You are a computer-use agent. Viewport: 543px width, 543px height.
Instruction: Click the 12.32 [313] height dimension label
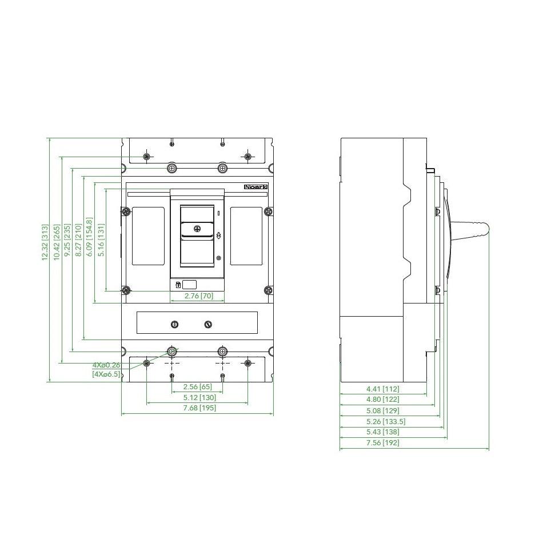coord(45,242)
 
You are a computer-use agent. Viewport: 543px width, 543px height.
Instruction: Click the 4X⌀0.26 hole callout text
coord(106,365)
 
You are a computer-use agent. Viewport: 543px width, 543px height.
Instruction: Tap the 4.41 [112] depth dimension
coord(382,389)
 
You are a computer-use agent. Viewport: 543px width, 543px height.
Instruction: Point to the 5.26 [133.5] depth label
coord(385,421)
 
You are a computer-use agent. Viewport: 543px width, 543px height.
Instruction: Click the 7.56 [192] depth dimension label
coord(382,442)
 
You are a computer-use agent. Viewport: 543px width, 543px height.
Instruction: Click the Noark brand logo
coord(255,187)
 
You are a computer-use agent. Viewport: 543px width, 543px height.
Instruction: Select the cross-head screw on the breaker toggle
coord(197,229)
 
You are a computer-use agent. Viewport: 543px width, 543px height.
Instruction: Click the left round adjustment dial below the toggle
coord(174,325)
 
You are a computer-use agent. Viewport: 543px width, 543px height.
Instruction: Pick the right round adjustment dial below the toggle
coord(208,325)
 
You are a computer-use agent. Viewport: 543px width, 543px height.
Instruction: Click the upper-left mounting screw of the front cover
coord(126,211)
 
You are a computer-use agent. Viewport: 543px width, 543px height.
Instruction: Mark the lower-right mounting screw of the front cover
coord(269,290)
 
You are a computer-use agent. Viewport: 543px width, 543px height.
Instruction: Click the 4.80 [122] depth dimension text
coord(382,400)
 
